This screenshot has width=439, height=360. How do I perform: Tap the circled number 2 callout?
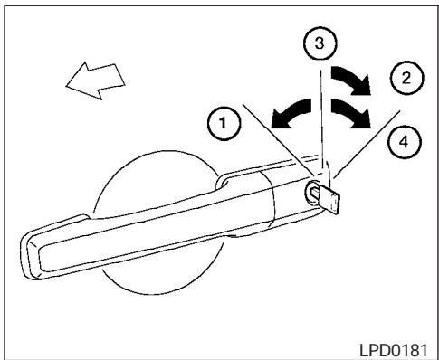pyautogui.click(x=406, y=78)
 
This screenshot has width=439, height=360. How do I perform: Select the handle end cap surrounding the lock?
pyautogui.click(x=290, y=194)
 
